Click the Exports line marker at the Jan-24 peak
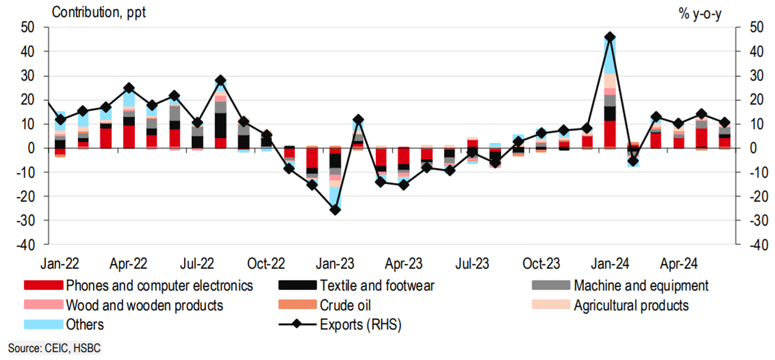[610, 37]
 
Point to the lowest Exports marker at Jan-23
[335, 210]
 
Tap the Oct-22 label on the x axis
[266, 264]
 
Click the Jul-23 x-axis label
[472, 264]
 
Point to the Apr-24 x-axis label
[679, 264]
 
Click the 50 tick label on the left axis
[28, 27]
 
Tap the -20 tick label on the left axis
[26, 197]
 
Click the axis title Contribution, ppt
[99, 12]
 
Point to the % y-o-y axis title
[700, 14]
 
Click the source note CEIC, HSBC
[54, 348]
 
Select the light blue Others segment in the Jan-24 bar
[610, 57]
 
